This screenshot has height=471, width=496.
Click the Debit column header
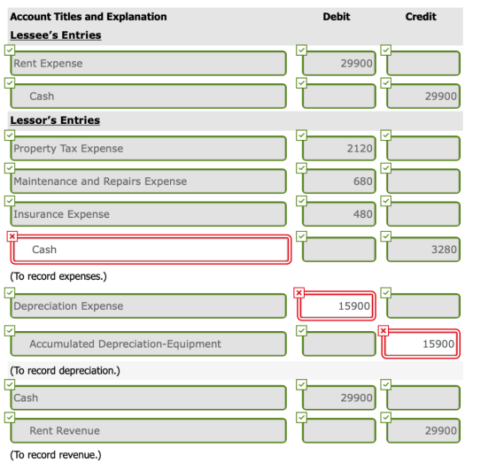click(337, 17)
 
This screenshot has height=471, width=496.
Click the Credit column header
click(421, 17)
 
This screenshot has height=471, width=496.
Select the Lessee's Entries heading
click(56, 35)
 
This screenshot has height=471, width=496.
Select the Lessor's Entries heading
click(55, 120)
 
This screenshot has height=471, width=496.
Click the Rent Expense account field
click(149, 63)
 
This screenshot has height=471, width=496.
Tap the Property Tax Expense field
click(149, 148)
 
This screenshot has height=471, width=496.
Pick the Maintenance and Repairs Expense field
click(149, 181)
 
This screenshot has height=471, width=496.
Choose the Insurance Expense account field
click(149, 214)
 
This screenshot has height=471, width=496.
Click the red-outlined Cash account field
click(151, 250)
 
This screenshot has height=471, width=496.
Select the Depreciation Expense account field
click(149, 306)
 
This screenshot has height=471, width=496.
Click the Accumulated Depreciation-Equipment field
click(149, 344)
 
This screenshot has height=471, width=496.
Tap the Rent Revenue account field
click(149, 430)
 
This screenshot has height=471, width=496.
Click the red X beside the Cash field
click(12, 236)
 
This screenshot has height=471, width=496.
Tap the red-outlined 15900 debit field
click(337, 306)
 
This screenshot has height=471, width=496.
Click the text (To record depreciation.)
click(66, 370)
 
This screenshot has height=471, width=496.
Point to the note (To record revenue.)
click(56, 455)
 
